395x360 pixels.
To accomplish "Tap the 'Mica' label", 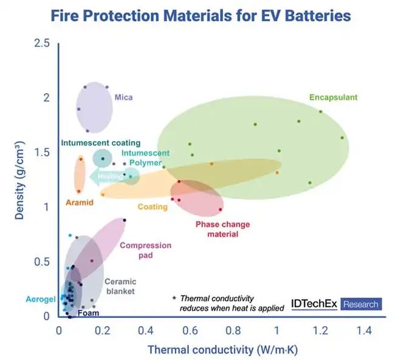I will (123, 97).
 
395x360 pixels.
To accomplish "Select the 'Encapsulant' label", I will (333, 97).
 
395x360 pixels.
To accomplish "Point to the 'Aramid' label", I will (80, 202).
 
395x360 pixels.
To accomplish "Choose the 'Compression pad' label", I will (145, 251).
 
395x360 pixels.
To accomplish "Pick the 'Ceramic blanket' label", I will (120, 286).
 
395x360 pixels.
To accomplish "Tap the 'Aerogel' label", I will (41, 299).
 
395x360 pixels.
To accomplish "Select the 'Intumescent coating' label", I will (101, 143).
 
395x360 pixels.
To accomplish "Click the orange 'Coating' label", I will (153, 207).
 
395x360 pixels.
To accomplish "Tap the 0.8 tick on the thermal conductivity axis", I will (234, 331).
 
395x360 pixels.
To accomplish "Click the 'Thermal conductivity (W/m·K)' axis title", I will (222, 350).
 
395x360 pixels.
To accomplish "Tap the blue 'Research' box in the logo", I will (360, 304).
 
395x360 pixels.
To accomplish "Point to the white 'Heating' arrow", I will (106, 176).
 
